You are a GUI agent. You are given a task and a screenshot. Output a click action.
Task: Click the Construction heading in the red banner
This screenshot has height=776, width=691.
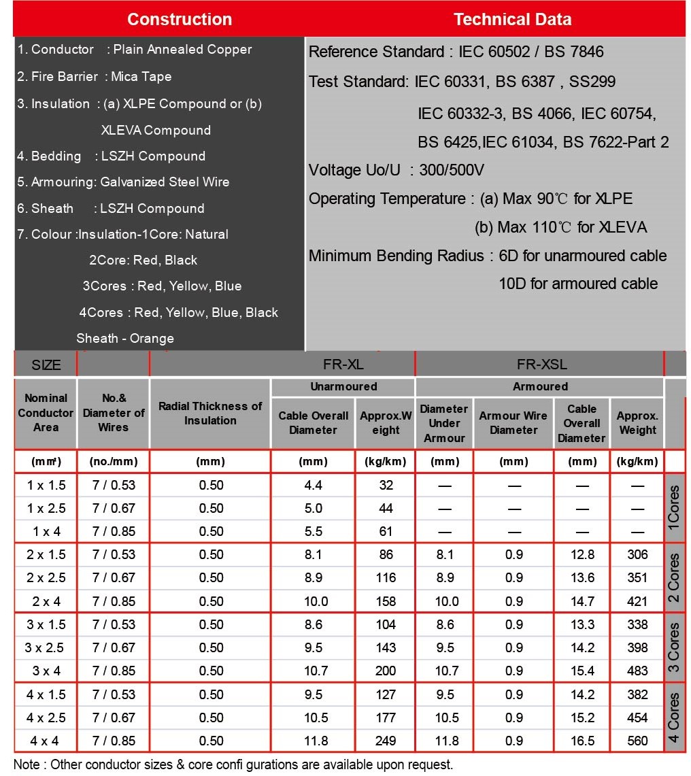[179, 19]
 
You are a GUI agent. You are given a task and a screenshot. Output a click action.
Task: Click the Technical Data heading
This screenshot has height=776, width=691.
[512, 19]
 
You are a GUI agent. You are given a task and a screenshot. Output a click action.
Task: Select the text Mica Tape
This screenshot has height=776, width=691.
[141, 76]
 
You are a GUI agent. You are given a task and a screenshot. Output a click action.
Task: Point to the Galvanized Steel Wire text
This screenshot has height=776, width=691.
[165, 182]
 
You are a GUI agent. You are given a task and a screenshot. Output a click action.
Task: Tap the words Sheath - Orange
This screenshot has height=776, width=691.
[125, 338]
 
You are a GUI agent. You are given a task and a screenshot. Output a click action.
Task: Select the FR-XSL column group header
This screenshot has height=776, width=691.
[541, 364]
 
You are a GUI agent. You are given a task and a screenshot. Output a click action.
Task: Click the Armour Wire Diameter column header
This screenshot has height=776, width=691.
[513, 423]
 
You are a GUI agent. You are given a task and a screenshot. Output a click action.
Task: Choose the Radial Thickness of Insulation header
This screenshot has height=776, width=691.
[210, 413]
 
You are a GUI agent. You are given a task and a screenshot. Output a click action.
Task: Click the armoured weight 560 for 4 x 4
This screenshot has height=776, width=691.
[638, 741]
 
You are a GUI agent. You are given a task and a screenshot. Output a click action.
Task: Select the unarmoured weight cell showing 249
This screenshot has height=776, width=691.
[386, 741]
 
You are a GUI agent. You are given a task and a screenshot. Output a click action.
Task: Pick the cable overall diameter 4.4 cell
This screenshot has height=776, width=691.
[314, 485]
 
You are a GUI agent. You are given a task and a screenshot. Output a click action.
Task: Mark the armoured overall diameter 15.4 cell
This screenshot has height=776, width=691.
[583, 671]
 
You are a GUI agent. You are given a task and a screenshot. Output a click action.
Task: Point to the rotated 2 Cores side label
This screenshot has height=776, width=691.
[673, 577]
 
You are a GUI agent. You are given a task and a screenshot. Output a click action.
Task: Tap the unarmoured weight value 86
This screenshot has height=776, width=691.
[386, 554]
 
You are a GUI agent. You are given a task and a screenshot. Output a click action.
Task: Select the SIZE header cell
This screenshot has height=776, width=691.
[46, 365]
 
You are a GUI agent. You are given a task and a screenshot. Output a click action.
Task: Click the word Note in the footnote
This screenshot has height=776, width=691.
[27, 764]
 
